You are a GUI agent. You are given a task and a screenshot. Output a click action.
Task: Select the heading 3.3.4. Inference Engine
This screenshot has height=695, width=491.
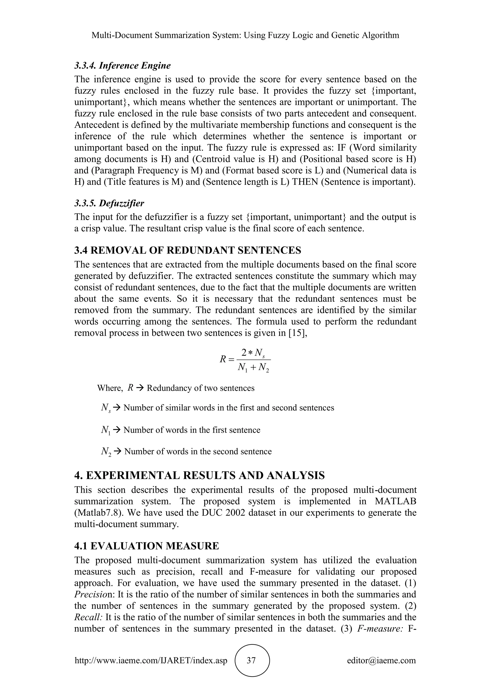click(x=123, y=65)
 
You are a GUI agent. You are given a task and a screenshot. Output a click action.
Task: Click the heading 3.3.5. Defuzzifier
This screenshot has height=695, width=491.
click(x=109, y=203)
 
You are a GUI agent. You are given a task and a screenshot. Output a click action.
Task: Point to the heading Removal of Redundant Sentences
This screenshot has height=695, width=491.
click(x=188, y=250)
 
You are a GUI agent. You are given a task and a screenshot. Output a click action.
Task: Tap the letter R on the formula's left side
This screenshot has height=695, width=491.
click(x=222, y=359)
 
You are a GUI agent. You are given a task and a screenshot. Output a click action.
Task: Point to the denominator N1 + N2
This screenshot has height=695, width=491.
click(x=253, y=367)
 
